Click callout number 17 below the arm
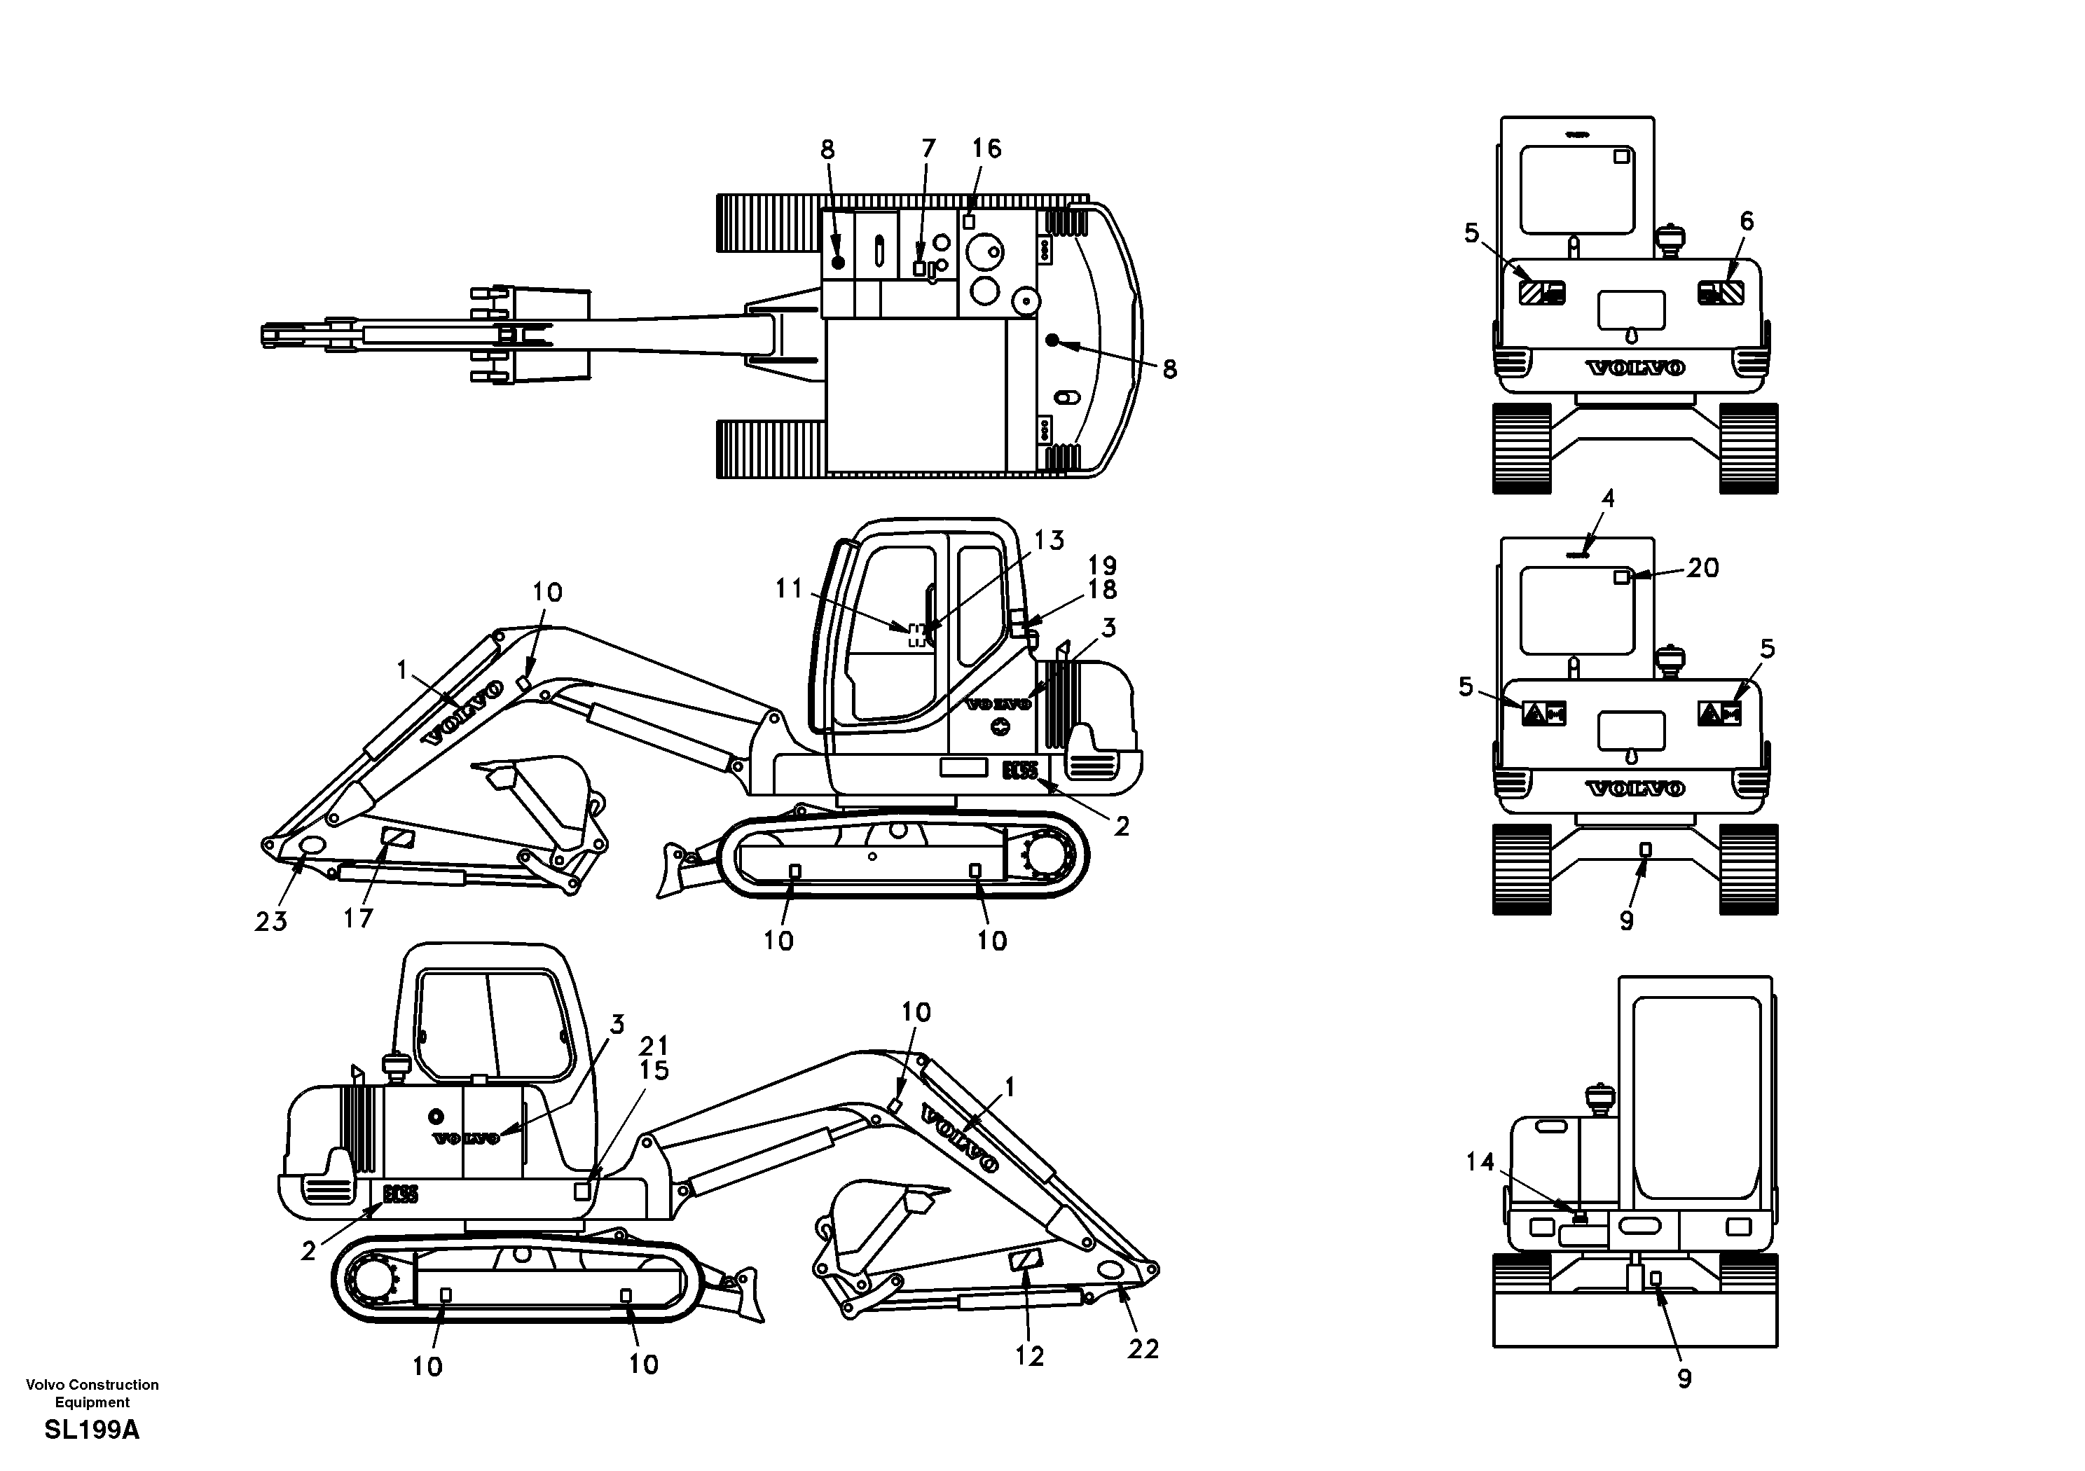[358, 918]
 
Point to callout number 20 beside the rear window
[1702, 568]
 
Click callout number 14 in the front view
[1480, 1161]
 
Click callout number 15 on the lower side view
[654, 1070]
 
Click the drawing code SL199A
[92, 1430]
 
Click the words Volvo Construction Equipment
[92, 1393]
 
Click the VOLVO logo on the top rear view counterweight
[1635, 368]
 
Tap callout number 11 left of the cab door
[788, 589]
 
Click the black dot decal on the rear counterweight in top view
[1052, 340]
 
